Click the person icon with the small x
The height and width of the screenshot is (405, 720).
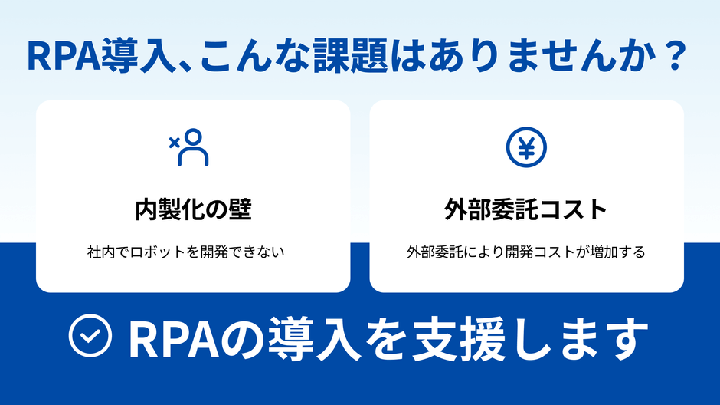click(x=191, y=147)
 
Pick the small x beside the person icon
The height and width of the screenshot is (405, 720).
click(x=174, y=141)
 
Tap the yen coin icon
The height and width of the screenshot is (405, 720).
click(x=526, y=147)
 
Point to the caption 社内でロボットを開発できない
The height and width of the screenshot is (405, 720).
click(x=193, y=252)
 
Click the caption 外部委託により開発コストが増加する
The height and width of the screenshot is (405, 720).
click(x=526, y=252)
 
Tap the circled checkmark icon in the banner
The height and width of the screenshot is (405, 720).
click(x=90, y=337)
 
